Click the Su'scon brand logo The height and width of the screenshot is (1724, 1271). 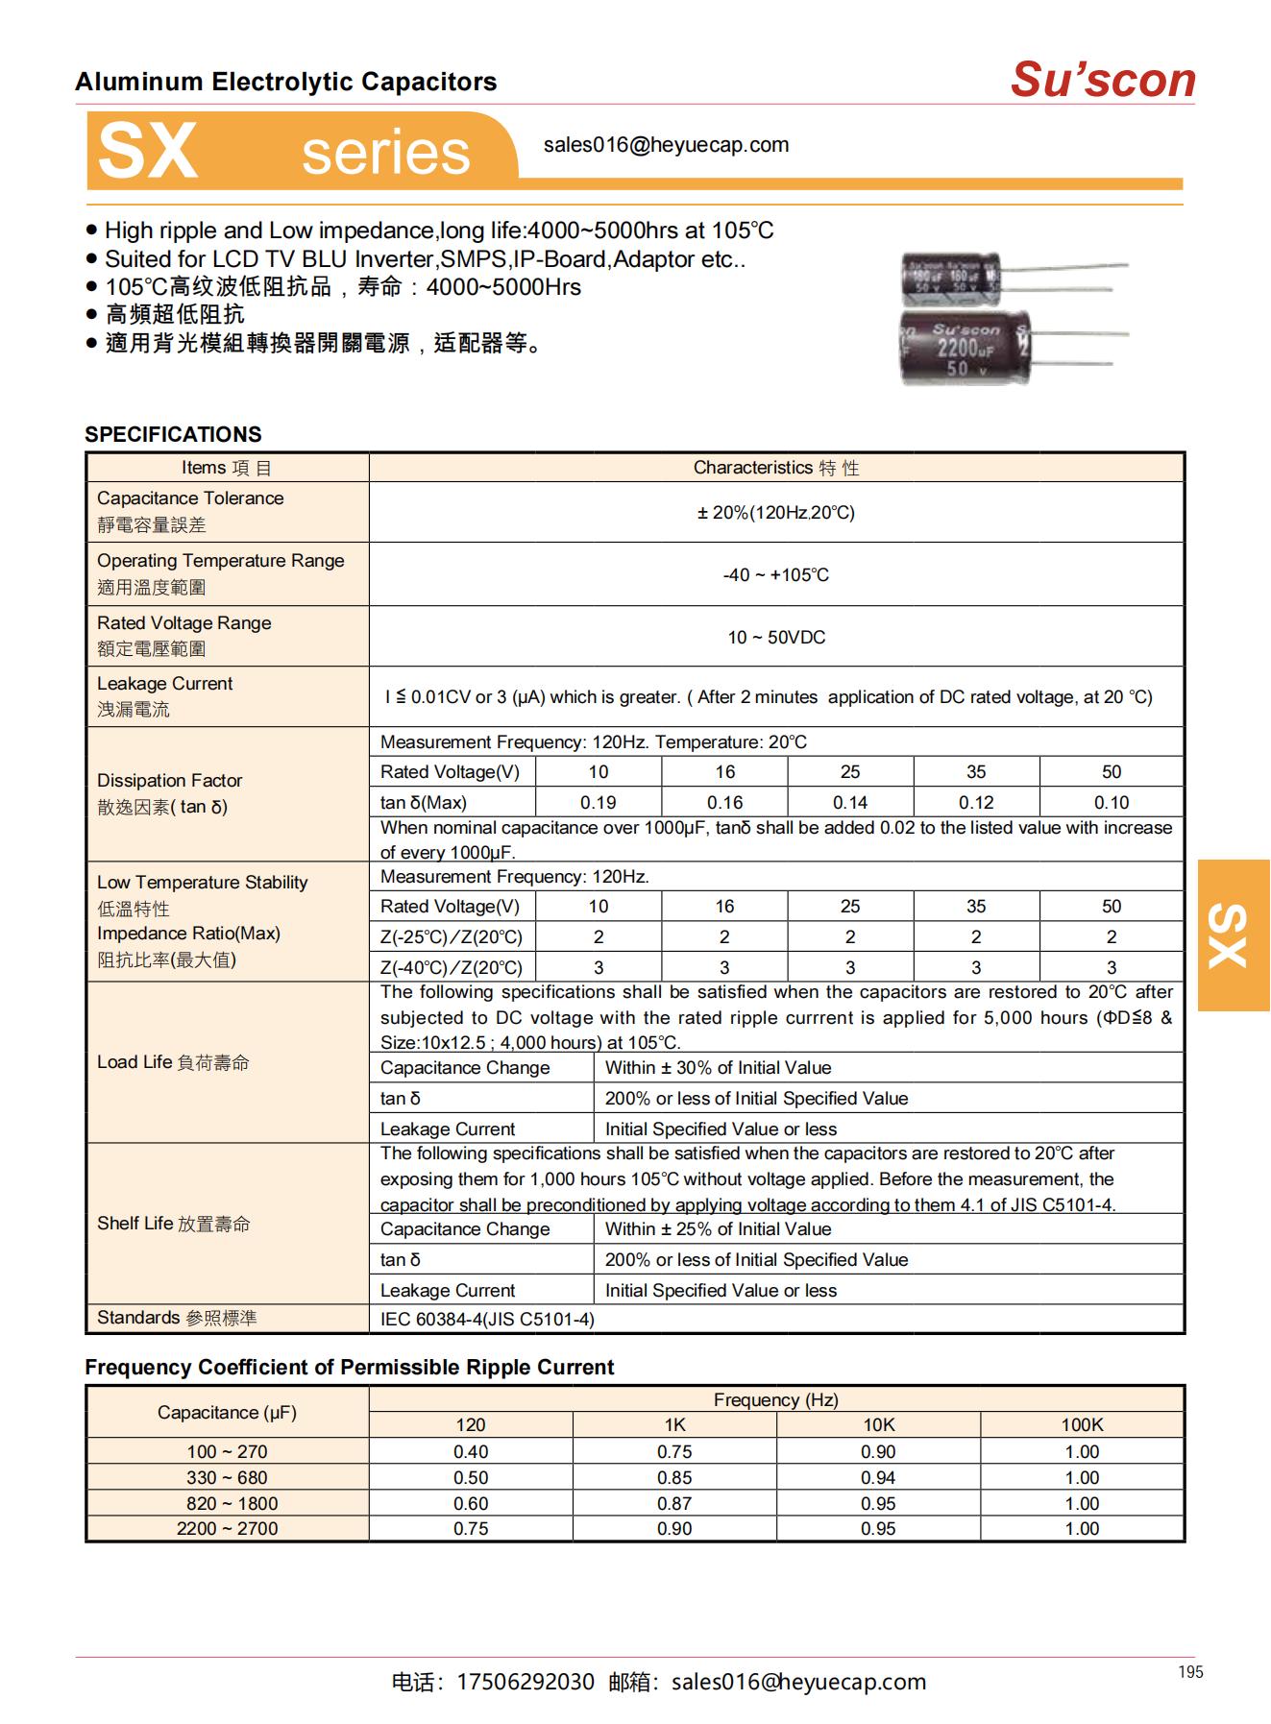[1102, 80]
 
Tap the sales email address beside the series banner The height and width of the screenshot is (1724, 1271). [666, 145]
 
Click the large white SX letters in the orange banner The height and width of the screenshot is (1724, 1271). [148, 151]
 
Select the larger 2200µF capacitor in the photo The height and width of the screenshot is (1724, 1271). [965, 348]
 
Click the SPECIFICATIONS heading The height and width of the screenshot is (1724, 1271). [173, 434]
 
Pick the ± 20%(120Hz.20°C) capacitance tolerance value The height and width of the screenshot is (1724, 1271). [775, 512]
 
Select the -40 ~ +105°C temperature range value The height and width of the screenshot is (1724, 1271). [775, 574]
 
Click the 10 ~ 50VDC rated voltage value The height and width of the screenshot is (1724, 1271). [775, 637]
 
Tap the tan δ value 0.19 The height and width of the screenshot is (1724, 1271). [598, 802]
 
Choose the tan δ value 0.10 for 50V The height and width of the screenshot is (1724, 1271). [1111, 802]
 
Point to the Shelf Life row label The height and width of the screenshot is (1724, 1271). [173, 1223]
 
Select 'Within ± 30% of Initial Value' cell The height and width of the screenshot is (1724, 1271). [718, 1067]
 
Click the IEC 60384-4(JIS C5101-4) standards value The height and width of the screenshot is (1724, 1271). [487, 1319]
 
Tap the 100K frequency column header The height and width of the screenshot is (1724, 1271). [1081, 1424]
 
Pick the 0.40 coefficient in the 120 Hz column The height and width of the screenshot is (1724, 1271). [470, 1451]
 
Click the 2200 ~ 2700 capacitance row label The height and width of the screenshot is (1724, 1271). [227, 1528]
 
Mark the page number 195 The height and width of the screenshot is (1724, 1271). [1189, 1672]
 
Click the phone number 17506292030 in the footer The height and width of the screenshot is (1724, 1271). [525, 1682]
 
